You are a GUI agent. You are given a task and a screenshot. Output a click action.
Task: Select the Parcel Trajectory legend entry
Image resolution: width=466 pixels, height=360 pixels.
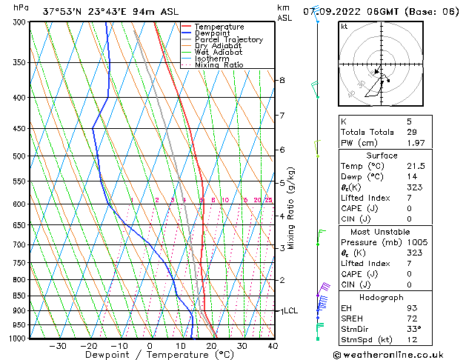228,40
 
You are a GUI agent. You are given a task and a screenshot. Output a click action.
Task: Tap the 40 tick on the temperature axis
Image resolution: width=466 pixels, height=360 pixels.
273,345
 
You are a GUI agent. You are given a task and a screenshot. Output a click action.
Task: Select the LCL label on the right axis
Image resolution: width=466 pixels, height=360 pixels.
290,311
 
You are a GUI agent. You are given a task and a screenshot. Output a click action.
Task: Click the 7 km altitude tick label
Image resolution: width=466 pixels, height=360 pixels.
282,116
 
